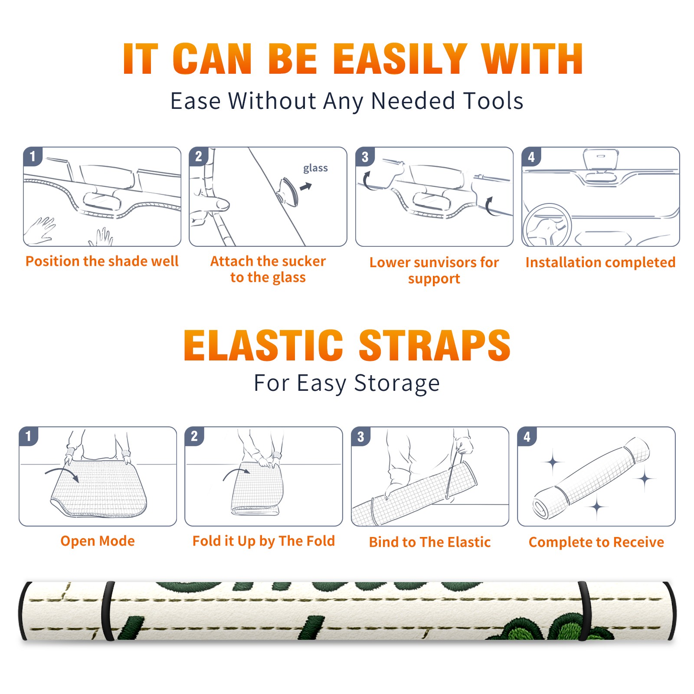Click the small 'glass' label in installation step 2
pos(315,168)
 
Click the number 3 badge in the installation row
pos(365,157)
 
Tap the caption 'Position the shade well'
pos(102,261)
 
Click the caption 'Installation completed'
pos(600,262)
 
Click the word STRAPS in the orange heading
pos(435,345)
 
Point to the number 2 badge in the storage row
pos(194,436)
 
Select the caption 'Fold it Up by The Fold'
pos(264,541)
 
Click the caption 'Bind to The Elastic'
pos(430,542)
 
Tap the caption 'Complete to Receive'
pos(596,542)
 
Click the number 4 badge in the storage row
pos(527,436)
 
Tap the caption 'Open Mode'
pos(98,541)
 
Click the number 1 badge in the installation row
pos(33,156)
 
